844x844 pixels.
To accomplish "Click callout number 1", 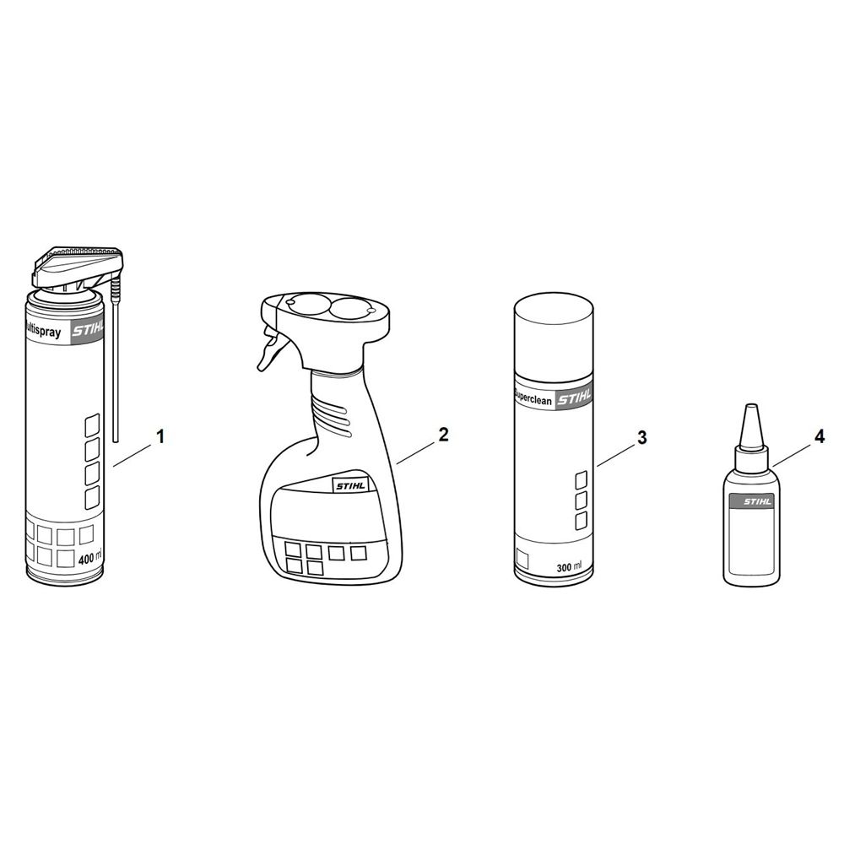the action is [160, 436].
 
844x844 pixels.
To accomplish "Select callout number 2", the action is [443, 435].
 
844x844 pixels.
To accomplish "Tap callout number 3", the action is [641, 437].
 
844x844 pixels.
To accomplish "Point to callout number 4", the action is [820, 436].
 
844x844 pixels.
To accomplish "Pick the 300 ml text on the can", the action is [569, 567].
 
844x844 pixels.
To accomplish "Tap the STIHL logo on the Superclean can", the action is [574, 398].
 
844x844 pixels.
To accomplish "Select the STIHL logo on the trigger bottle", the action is [350, 485].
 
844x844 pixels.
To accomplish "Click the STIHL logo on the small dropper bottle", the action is [757, 501].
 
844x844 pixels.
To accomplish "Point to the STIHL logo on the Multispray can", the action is [89, 329].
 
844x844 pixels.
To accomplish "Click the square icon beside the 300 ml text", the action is [522, 558].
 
